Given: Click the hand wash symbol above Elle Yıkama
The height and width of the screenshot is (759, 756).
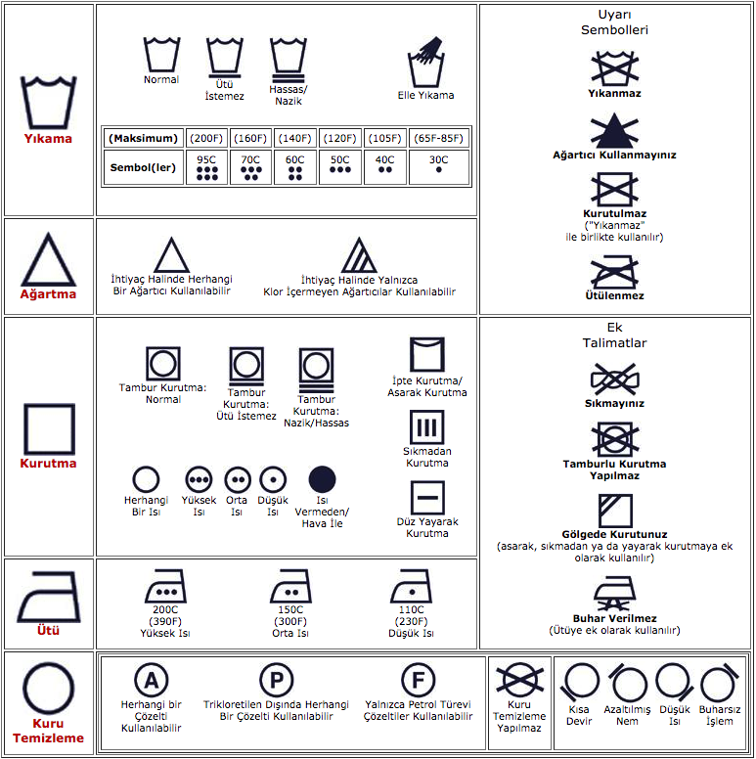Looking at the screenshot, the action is [425, 62].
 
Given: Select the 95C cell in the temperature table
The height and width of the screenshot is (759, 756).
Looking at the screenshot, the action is [206, 167].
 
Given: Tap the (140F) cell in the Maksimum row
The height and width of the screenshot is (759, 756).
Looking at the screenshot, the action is [294, 139].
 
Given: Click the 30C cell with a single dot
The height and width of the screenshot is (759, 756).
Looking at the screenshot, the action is [438, 167].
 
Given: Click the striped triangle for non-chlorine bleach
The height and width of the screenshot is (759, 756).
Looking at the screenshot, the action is [359, 255].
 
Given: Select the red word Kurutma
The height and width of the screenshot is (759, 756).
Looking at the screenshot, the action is [48, 464].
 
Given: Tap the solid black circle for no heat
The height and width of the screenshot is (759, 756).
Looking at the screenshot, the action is [322, 479].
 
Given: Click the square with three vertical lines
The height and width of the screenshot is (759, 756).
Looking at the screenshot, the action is [426, 426].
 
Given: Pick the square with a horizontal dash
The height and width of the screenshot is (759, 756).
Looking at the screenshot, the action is [427, 498].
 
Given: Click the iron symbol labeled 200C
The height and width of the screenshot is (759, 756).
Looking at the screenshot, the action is [165, 586].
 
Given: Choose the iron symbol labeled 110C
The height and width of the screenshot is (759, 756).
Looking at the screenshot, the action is [411, 586].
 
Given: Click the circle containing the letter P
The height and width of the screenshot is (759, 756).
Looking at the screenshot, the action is [277, 680].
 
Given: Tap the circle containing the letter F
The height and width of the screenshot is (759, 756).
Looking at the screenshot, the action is [419, 680].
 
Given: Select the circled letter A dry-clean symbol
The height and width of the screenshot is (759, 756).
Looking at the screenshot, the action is [151, 680].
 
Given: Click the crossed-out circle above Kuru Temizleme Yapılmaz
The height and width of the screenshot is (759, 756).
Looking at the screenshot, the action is [519, 680].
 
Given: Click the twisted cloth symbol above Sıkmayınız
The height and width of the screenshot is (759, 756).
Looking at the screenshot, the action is [614, 379].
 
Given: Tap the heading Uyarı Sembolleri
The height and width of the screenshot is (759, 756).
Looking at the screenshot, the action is [614, 22].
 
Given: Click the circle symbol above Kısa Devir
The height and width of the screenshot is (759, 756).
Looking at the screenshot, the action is [580, 681].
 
